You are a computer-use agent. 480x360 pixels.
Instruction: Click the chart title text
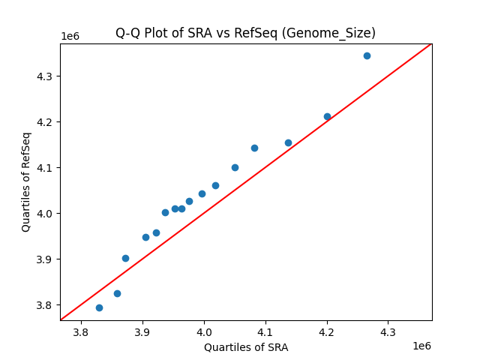point(245,33)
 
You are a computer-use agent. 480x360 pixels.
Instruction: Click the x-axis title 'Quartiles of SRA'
point(245,347)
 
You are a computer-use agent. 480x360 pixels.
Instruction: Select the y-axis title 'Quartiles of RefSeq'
point(26,181)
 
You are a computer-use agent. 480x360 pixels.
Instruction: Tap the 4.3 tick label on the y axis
point(45,76)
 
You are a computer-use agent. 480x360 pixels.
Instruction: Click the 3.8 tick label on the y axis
point(45,305)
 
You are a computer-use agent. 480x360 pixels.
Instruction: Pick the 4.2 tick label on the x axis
point(327,331)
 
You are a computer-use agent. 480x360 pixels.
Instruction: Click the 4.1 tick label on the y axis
point(45,168)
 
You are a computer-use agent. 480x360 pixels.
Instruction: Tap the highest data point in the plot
point(367,55)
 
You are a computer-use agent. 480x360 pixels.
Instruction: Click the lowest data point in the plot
point(99,307)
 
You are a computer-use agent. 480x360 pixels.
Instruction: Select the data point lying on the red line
point(327,116)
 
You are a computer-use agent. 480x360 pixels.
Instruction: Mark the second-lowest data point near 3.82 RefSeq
point(117,293)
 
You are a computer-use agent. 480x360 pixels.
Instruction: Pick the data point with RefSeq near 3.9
point(125,258)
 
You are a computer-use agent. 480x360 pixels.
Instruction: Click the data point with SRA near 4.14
point(288,142)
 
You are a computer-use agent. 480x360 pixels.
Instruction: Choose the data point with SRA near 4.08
point(254,148)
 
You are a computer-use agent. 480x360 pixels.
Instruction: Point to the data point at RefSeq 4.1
point(235,167)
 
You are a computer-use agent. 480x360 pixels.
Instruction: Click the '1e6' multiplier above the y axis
point(70,37)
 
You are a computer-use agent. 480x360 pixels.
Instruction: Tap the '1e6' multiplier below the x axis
point(421,346)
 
